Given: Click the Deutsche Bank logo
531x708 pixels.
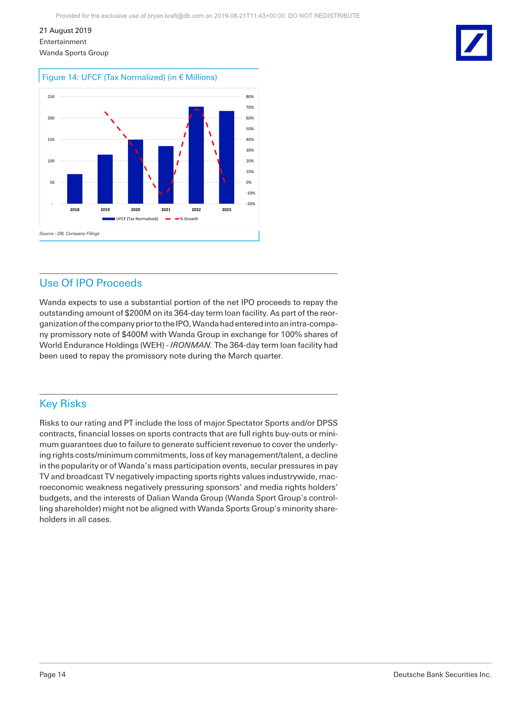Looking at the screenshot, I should [474, 43].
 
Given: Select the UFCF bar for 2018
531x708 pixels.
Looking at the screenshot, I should [75, 189].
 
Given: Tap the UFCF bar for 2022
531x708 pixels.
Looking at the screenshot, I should [196, 155].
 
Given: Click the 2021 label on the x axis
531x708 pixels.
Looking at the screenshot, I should [166, 210].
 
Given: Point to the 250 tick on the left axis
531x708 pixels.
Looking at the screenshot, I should [51, 97].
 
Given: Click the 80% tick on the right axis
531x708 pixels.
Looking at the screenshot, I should [250, 97].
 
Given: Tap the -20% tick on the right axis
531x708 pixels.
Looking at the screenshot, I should [250, 204].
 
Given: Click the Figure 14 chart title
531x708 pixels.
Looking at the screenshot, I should [129, 77].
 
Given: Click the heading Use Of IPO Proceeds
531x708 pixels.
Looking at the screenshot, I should [91, 283].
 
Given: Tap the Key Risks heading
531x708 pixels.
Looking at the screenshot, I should [63, 404].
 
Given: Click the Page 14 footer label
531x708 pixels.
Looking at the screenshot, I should [53, 675].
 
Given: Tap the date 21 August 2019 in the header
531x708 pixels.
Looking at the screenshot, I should [66, 30].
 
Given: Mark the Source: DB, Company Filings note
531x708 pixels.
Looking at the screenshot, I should [69, 234].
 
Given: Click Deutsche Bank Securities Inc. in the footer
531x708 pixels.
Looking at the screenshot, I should [442, 675].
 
